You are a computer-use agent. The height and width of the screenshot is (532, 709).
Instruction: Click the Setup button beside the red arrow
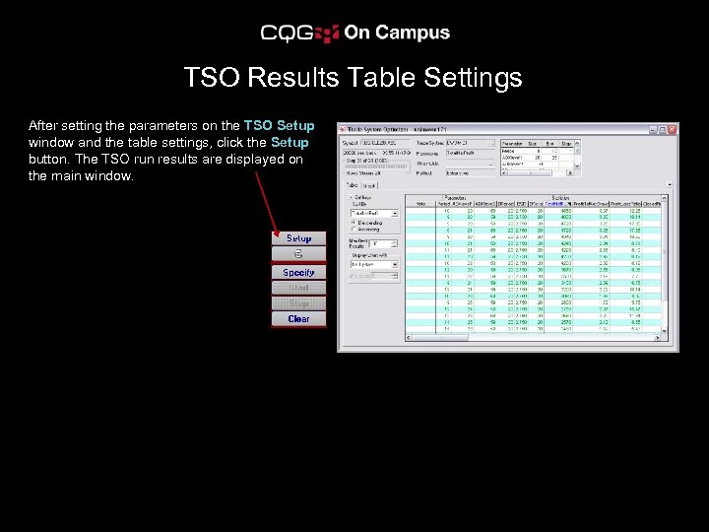298,238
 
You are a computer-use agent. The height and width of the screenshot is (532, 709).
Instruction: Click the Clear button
298,319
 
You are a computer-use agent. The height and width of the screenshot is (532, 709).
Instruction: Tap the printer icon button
298,254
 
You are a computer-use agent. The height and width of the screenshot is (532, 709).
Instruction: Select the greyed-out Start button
298,288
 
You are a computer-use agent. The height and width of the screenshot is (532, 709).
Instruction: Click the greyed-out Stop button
298,303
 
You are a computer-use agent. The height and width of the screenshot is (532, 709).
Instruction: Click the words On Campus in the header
397,33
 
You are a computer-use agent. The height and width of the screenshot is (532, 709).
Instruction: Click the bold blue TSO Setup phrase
279,125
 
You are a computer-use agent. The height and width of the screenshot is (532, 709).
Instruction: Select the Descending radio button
354,222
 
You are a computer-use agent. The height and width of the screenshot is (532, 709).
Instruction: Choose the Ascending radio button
354,230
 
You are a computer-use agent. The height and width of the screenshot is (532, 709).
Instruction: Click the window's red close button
673,129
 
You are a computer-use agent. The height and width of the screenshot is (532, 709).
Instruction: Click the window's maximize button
663,129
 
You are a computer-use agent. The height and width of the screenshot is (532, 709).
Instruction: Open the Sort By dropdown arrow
394,212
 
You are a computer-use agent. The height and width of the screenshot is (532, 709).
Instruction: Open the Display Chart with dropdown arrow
394,264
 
